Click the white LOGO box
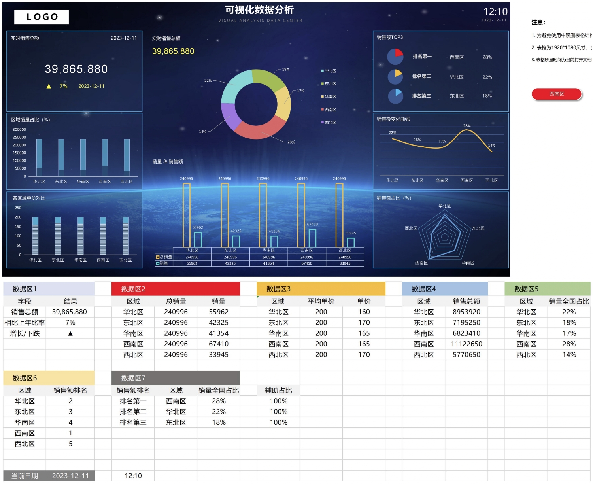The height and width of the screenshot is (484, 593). point(42,17)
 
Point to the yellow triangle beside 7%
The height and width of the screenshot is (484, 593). point(49,86)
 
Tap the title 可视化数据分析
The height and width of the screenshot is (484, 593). point(259,10)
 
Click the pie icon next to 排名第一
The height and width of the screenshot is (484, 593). point(395,57)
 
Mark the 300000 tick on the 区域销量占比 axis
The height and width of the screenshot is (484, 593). point(19,130)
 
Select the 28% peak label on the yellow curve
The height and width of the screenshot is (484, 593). point(467,126)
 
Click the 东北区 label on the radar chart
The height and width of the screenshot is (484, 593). point(478,228)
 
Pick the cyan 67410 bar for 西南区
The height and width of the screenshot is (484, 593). point(312,238)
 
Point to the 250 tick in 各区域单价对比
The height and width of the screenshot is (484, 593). point(18,208)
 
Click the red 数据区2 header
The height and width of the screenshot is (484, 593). point(176,289)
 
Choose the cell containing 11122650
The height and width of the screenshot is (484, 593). point(466,344)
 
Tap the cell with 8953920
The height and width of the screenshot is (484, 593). point(466,312)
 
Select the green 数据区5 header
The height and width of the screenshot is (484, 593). point(547,289)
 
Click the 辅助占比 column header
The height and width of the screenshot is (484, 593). point(278,390)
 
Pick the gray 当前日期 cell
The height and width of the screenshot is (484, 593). point(25,476)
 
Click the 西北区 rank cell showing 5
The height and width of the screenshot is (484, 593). point(70,444)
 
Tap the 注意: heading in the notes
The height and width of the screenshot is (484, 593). point(538,22)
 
